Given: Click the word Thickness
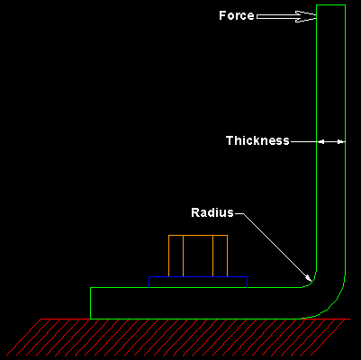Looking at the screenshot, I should [x=257, y=140].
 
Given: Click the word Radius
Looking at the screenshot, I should [x=212, y=213].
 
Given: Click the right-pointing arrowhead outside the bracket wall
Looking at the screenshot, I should [x=339, y=141].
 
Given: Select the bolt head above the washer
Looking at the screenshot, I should [x=198, y=256].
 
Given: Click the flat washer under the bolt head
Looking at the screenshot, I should [x=198, y=282].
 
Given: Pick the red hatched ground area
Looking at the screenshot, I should [x=180, y=338].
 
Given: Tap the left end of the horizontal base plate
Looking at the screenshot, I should [x=91, y=302].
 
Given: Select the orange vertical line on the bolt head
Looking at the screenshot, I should [x=213, y=256].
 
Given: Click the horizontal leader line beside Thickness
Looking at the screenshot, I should [x=303, y=141].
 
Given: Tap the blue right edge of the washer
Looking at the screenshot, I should [x=248, y=282].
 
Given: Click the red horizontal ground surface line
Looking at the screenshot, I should [x=180, y=319].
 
